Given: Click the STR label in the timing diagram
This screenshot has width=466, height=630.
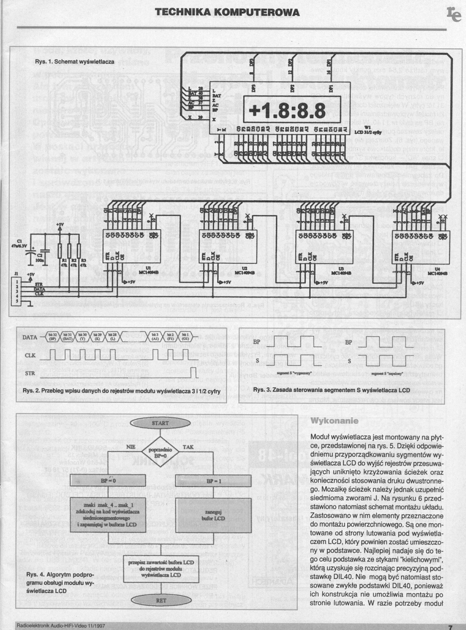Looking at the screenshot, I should [30, 373].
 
